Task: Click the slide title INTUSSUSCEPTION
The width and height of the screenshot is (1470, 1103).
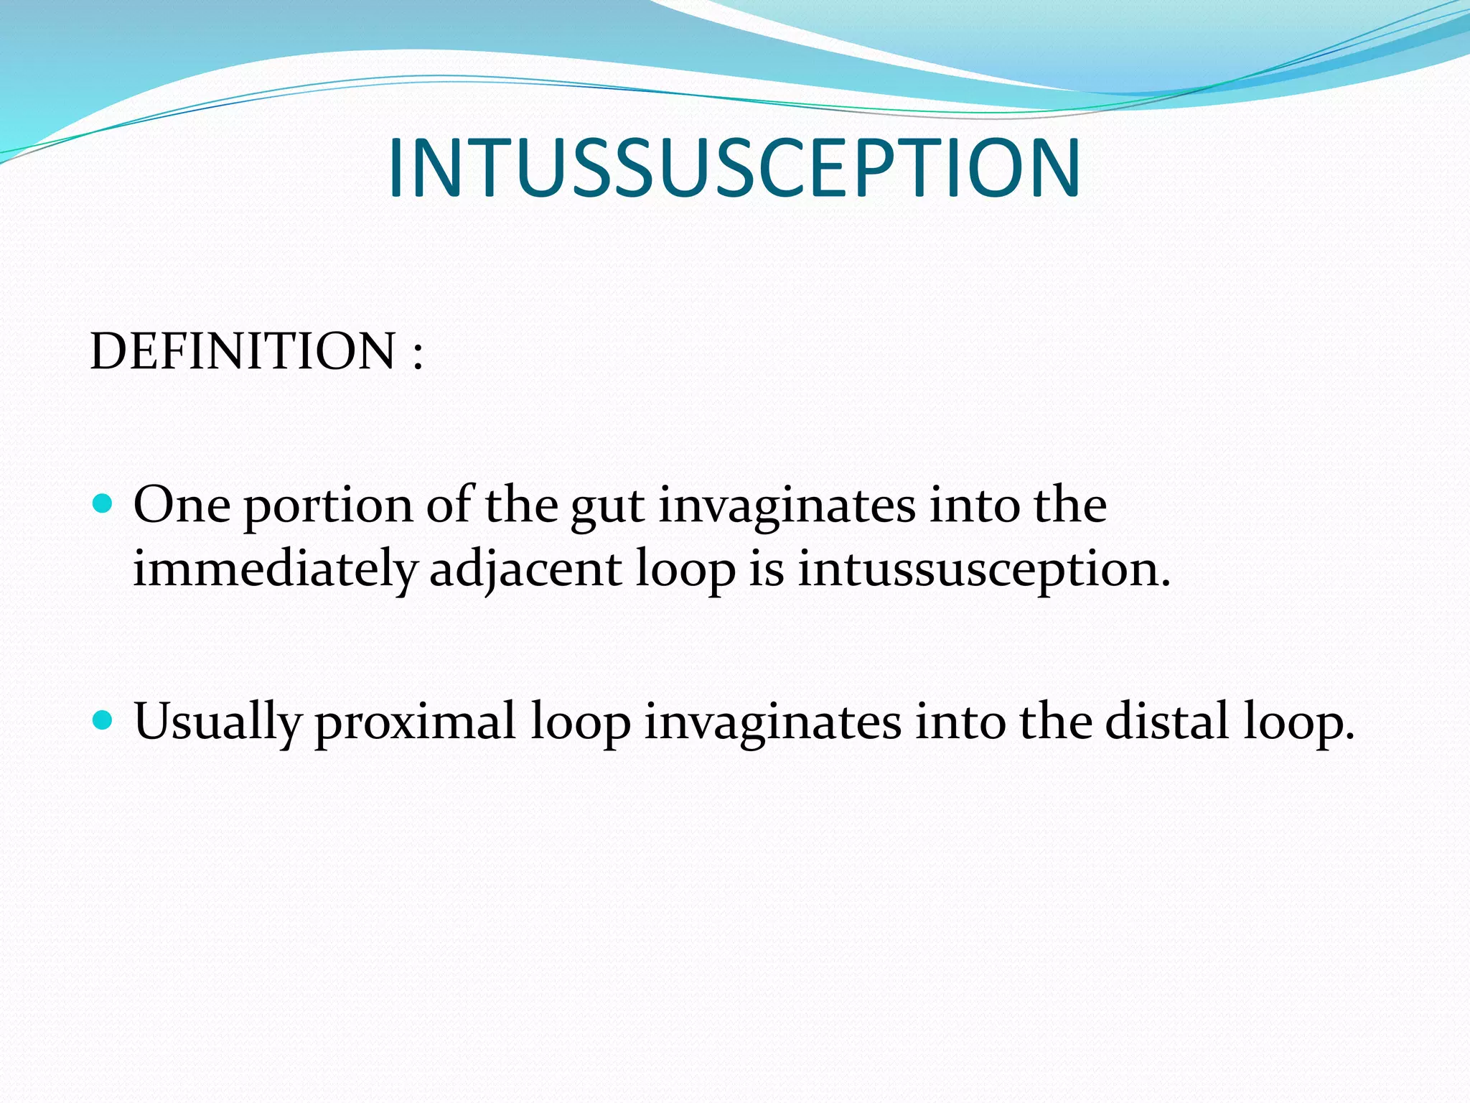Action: tap(734, 168)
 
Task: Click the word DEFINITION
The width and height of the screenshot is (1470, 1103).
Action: tap(243, 351)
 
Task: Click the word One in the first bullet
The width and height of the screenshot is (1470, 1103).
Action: tap(182, 505)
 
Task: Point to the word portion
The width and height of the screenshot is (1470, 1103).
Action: tap(328, 507)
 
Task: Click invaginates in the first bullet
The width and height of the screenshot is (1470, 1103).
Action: tap(787, 507)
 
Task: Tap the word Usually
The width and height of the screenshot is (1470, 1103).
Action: tap(217, 722)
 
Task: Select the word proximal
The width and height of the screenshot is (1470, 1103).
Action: tap(415, 722)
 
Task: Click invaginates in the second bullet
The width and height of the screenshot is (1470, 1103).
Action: tap(772, 722)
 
